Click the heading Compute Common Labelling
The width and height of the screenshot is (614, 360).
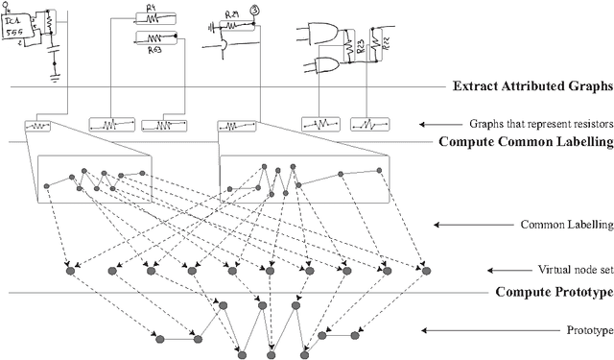pyautogui.click(x=525, y=143)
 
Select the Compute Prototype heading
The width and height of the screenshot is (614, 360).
pyautogui.click(x=554, y=292)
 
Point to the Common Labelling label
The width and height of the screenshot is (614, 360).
pyautogui.click(x=566, y=226)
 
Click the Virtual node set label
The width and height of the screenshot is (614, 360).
pyautogui.click(x=574, y=272)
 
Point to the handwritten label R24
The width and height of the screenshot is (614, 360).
pyautogui.click(x=231, y=15)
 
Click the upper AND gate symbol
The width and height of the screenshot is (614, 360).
pyautogui.click(x=322, y=34)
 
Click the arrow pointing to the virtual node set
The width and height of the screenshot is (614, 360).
pyautogui.click(x=501, y=272)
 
